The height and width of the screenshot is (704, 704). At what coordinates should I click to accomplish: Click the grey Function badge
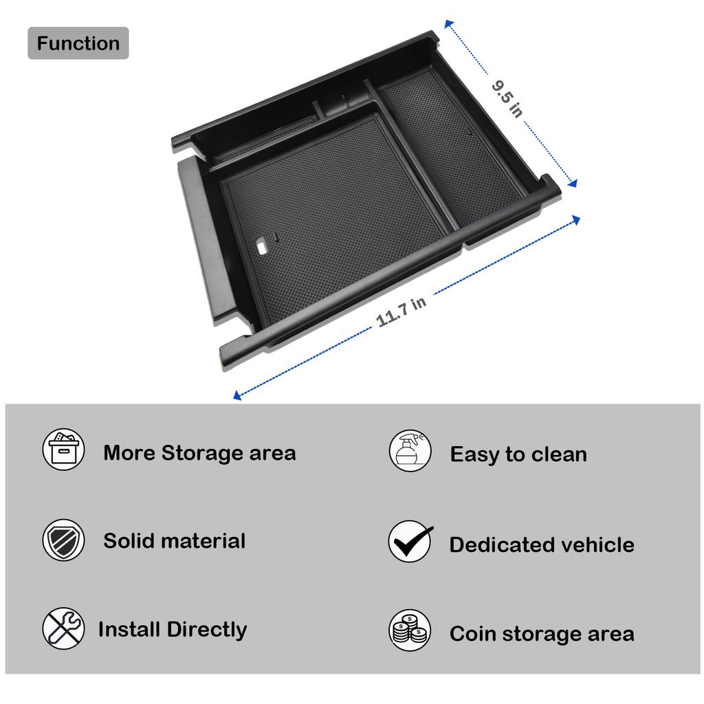[78, 43]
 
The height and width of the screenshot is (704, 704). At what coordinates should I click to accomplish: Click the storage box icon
[64, 450]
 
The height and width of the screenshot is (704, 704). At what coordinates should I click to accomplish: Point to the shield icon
[64, 540]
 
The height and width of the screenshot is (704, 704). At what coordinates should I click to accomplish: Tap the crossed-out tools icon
[64, 628]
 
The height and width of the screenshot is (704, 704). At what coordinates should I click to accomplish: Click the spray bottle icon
[410, 451]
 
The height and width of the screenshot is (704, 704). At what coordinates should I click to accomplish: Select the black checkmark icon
[410, 541]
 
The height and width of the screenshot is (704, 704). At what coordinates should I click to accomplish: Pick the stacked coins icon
[410, 630]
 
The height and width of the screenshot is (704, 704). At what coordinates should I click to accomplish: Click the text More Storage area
[199, 453]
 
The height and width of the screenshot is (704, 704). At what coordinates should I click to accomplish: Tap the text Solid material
[174, 541]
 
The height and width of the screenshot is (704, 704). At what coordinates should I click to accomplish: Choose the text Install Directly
[172, 629]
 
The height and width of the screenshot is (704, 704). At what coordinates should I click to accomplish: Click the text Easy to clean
[518, 454]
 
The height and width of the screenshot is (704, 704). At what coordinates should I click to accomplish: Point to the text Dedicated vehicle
[542, 545]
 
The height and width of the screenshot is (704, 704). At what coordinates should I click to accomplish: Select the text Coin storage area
[542, 634]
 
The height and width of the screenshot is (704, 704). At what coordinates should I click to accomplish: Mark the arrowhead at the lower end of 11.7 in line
[237, 395]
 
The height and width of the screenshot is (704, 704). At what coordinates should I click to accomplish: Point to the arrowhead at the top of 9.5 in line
[448, 24]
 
